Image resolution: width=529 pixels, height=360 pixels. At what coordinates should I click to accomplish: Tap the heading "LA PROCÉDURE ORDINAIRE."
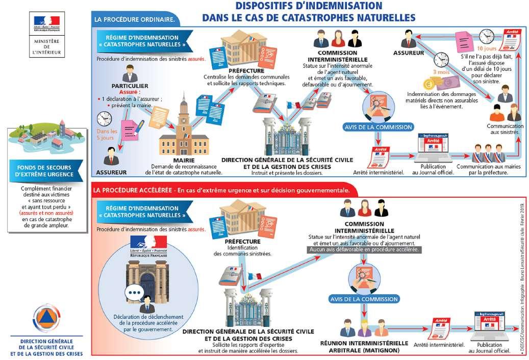click(x=135, y=20)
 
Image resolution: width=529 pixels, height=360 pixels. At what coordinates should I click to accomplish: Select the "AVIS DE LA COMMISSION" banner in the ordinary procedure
click(x=378, y=126)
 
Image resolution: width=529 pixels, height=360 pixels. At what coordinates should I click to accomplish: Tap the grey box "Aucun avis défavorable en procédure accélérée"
click(x=364, y=250)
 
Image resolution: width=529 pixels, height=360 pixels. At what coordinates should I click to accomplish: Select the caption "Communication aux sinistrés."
click(x=505, y=128)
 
